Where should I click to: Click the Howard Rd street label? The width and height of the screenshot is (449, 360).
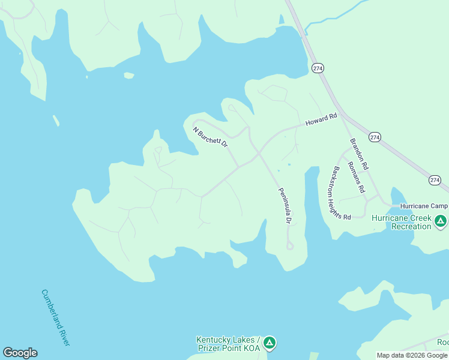(322, 119)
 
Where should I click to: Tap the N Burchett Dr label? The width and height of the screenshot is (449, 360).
(210, 137)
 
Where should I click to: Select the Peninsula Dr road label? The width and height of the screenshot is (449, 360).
(284, 206)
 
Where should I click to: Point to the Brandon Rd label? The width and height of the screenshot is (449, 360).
(359, 153)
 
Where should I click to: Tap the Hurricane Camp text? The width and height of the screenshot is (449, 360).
(424, 205)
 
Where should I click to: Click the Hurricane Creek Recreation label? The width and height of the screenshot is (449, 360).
(402, 222)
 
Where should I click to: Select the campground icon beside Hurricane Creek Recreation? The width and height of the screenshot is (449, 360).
(441, 221)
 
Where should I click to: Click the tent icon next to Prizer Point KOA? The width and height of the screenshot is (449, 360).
(270, 343)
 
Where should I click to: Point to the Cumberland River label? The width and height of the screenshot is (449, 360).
(55, 317)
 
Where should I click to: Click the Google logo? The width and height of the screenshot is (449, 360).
(20, 353)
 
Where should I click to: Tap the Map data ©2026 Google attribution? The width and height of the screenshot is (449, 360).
(412, 355)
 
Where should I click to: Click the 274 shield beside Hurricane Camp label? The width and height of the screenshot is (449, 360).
(435, 180)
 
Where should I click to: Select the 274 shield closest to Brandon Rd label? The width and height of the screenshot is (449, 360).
(375, 137)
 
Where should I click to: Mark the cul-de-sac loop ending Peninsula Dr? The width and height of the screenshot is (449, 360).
(290, 246)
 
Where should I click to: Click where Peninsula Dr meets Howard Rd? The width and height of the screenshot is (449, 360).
(259, 153)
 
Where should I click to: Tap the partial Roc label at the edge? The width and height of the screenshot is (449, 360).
(443, 343)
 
